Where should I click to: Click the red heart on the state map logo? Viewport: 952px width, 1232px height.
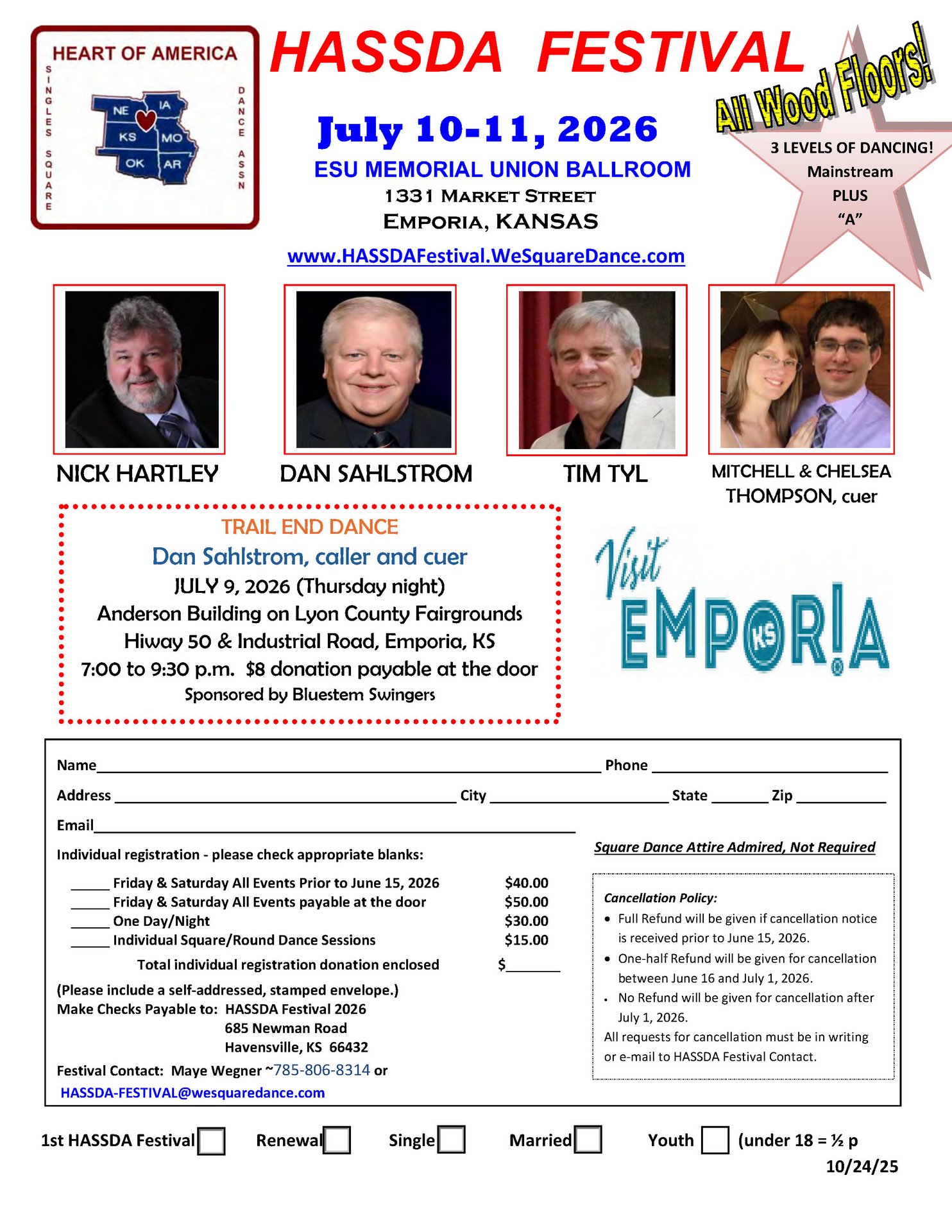click(x=146, y=119)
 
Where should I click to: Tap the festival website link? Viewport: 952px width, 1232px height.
click(x=486, y=256)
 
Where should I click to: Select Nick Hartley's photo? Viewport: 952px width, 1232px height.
click(x=142, y=369)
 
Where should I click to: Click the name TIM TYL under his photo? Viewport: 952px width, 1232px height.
click(x=605, y=474)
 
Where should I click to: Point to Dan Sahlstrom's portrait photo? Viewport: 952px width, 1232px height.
click(x=373, y=369)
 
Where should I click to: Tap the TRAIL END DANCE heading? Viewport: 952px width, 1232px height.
click(x=309, y=527)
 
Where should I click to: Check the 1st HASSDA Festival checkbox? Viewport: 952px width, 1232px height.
click(x=211, y=1141)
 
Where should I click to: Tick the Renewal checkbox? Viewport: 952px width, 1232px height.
click(x=337, y=1141)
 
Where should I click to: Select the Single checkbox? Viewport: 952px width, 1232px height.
click(x=452, y=1140)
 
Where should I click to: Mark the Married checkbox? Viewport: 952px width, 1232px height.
click(x=588, y=1140)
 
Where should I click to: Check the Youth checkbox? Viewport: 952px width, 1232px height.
click(x=715, y=1141)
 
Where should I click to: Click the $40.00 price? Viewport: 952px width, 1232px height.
click(x=526, y=883)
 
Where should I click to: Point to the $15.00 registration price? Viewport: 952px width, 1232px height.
click(x=526, y=940)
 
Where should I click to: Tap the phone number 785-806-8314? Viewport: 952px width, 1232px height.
click(x=322, y=1070)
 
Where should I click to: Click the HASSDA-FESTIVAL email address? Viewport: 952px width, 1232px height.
click(x=192, y=1093)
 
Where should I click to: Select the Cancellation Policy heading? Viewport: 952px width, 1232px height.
click(x=660, y=898)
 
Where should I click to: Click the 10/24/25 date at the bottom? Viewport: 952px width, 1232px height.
click(x=862, y=1167)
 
